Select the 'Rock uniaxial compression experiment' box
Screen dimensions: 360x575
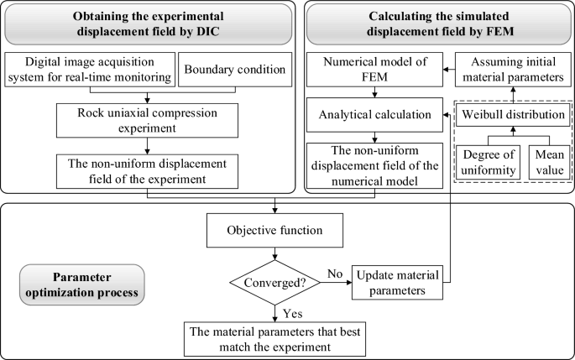[148, 121]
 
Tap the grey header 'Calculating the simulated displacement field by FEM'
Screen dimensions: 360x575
[436, 24]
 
